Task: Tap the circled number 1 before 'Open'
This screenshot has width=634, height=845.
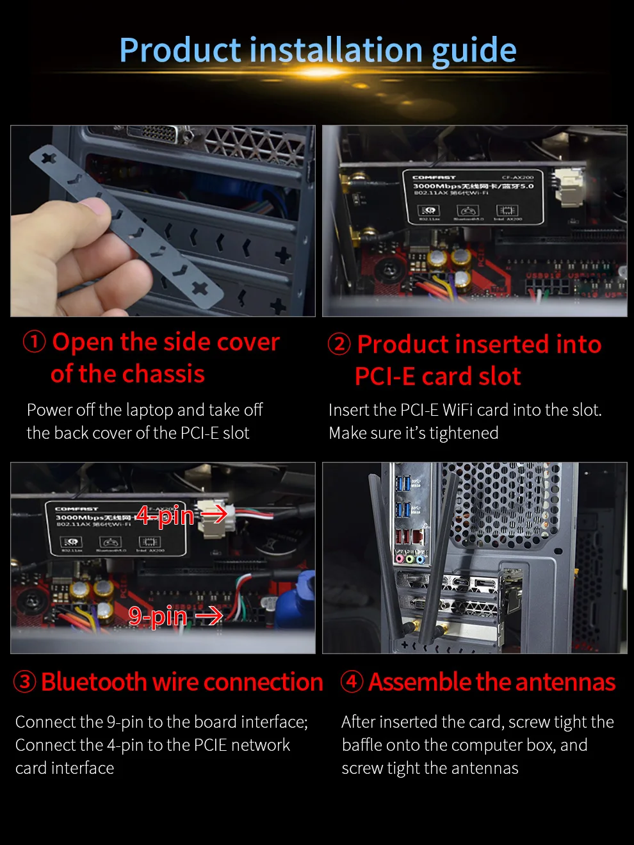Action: [34, 341]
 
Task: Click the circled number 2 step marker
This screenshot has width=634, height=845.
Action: [339, 344]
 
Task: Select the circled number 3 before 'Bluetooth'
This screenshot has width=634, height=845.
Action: [25, 682]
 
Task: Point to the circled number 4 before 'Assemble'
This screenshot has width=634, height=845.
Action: [352, 682]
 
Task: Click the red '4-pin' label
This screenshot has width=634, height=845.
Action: [165, 515]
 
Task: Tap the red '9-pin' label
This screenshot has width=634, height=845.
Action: [158, 616]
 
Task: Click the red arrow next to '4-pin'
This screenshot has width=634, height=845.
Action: [214, 513]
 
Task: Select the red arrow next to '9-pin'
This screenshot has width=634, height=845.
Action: [209, 616]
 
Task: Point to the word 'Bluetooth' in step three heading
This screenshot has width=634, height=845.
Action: [94, 682]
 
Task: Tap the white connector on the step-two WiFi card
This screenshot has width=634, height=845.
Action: [567, 187]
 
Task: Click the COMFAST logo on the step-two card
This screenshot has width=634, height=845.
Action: [434, 177]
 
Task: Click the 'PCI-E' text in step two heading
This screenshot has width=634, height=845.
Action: [384, 377]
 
